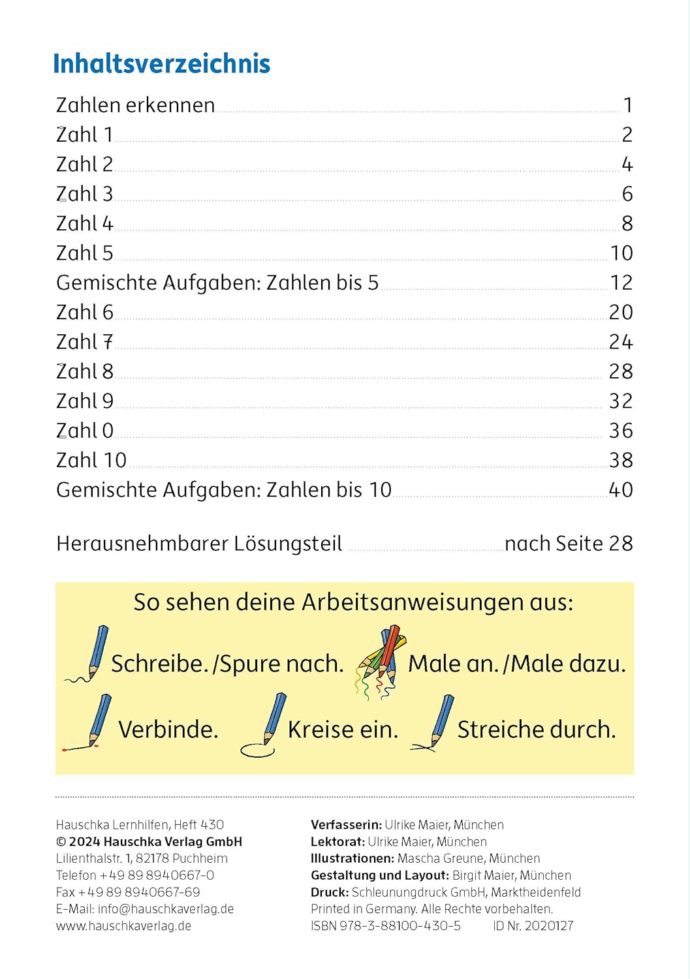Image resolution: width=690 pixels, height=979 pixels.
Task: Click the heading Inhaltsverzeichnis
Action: tap(161, 64)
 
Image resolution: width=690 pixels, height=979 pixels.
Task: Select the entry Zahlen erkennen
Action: tap(135, 105)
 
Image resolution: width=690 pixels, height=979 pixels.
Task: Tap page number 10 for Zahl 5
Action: tap(621, 253)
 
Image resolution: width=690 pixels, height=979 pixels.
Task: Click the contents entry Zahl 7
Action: tap(84, 342)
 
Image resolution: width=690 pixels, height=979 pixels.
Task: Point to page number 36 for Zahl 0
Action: tap(621, 431)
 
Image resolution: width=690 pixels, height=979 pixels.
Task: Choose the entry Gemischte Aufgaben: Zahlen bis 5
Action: tap(217, 283)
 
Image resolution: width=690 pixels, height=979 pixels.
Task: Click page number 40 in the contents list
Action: tap(621, 490)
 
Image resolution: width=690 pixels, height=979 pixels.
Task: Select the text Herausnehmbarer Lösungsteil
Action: tap(199, 544)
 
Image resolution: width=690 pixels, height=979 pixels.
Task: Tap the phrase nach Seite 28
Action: tap(569, 544)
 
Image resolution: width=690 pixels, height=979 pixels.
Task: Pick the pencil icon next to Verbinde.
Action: tap(91, 723)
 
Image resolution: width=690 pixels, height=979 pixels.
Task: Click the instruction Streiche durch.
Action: tap(537, 730)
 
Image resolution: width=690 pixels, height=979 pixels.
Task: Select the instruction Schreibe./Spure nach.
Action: tap(227, 664)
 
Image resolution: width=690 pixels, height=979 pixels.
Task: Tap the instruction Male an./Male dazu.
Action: tap(517, 664)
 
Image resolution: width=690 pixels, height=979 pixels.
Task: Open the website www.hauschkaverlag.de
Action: tap(123, 926)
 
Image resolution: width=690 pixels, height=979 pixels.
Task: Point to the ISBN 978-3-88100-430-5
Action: tap(386, 926)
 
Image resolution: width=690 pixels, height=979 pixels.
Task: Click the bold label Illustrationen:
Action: tap(353, 859)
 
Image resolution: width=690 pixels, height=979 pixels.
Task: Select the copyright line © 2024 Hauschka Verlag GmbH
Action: tap(149, 842)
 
